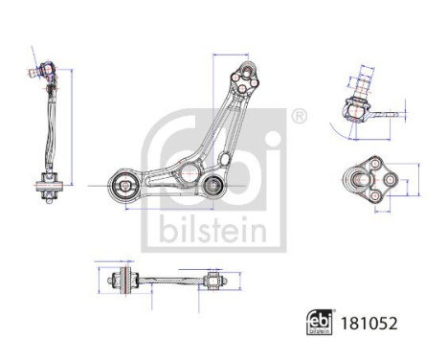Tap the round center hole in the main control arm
tap(189, 175)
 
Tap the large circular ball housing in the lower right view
tap(369, 176)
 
